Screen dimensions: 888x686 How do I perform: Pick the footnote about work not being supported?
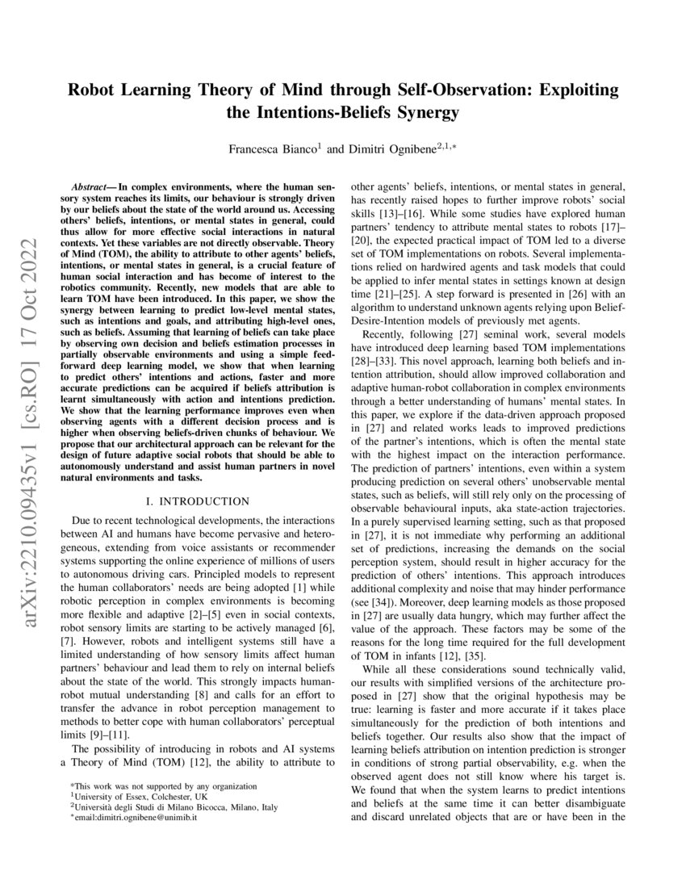click(x=164, y=785)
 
